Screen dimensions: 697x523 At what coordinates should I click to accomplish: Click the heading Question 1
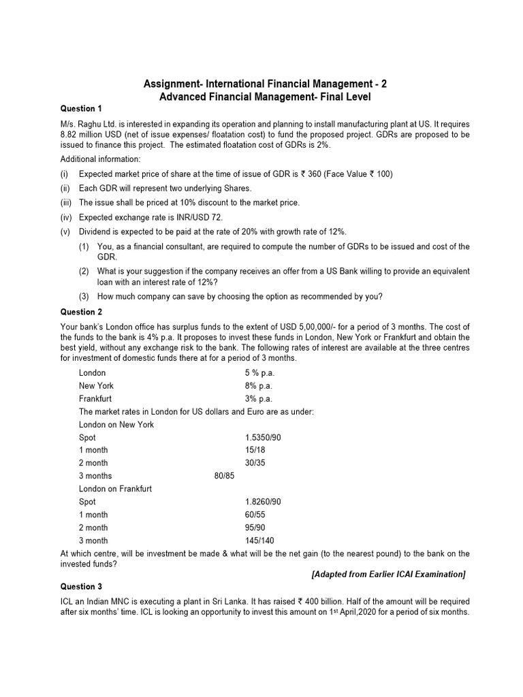coord(81,108)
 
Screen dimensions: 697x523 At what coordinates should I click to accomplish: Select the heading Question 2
coord(81,312)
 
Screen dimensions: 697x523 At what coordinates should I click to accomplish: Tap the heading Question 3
coord(81,587)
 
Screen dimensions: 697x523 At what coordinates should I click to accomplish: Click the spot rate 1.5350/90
coord(263,437)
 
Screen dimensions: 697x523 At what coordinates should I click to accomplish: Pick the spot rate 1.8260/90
coord(263,502)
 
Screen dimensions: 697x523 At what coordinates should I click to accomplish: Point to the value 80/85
coord(224,476)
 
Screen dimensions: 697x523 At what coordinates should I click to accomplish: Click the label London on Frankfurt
coord(115,489)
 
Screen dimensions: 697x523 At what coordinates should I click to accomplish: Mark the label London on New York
coord(116,425)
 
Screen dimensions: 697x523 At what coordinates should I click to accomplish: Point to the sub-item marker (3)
coord(83,296)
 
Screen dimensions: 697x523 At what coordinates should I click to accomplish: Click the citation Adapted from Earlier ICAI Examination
coord(388,574)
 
